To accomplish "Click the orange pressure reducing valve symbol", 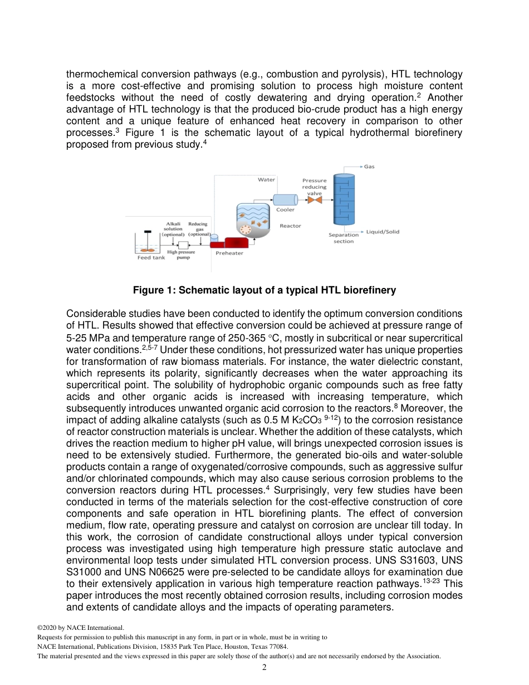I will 319,200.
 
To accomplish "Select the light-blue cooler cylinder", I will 285,199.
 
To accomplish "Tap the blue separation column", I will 344,199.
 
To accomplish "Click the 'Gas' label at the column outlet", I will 369,167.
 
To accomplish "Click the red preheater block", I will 235,242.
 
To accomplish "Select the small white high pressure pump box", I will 183,244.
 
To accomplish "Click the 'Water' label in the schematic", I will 266,180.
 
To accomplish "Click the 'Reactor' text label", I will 290,226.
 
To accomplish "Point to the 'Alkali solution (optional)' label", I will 173,229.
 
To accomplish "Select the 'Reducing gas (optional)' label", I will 198,229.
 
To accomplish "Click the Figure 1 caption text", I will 264,290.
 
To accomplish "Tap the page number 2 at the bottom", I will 264,667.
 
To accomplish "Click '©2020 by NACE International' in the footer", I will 80,628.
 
